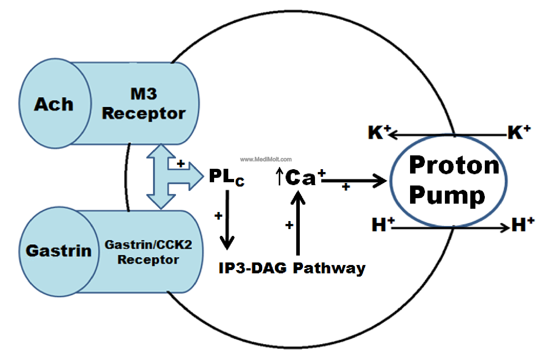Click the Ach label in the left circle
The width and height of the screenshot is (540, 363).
(x=54, y=104)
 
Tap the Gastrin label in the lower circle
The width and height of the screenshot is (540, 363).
(x=58, y=251)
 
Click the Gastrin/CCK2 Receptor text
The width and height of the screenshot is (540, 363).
(x=148, y=252)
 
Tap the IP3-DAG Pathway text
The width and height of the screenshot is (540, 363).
(x=292, y=268)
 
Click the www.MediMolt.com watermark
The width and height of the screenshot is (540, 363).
(x=266, y=159)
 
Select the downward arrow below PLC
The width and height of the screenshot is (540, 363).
(x=227, y=220)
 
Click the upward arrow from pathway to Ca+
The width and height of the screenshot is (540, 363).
(x=298, y=223)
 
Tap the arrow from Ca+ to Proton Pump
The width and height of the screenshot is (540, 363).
(x=354, y=180)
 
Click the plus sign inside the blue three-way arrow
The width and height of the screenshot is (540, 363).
(x=181, y=164)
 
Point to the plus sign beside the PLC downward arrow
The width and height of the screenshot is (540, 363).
(x=218, y=216)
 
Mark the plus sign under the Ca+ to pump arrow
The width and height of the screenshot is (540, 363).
(x=346, y=187)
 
